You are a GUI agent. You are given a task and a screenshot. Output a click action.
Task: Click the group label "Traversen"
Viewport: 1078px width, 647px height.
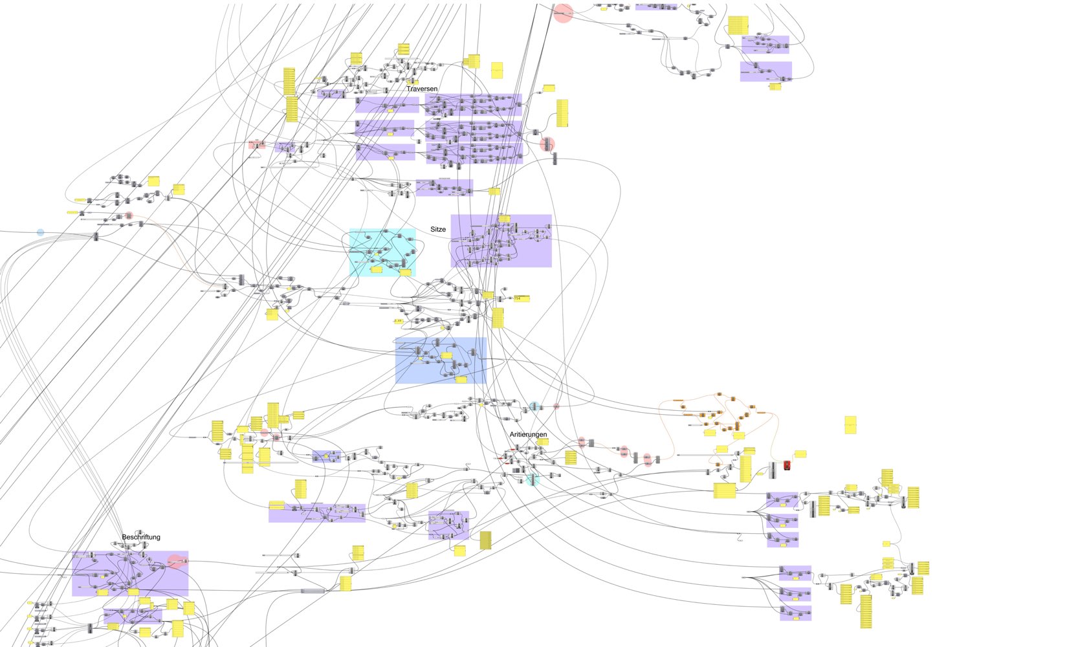(x=422, y=89)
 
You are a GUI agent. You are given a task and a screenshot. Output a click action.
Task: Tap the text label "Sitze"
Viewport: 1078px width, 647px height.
(x=438, y=229)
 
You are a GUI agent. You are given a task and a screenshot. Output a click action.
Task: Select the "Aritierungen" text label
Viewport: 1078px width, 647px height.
(x=528, y=434)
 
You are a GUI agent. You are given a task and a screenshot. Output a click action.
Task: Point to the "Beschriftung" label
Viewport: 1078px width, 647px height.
(x=141, y=537)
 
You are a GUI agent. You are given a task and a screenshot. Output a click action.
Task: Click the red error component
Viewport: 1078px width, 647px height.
(x=787, y=465)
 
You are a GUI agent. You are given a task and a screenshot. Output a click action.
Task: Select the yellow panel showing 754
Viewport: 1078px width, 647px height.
(x=521, y=298)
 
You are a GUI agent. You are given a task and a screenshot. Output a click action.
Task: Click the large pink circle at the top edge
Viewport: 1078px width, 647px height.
(x=564, y=13)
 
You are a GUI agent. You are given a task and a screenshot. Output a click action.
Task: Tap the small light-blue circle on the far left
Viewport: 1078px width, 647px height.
(x=41, y=232)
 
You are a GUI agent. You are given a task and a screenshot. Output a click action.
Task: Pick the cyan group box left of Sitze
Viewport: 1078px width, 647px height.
(x=382, y=252)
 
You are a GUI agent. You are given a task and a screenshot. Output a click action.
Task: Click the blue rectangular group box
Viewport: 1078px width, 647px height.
(x=440, y=360)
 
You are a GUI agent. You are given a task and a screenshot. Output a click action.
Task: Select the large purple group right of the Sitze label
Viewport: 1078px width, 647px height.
(x=501, y=241)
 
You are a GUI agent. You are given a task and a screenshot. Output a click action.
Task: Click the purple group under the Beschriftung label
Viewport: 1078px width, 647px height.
(x=129, y=573)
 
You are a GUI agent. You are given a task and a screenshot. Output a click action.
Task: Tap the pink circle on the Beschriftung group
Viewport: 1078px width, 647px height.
(x=175, y=562)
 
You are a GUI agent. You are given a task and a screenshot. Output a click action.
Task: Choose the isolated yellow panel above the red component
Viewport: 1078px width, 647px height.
(x=850, y=425)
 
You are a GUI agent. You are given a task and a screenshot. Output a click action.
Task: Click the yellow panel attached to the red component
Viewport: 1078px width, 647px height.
(x=800, y=454)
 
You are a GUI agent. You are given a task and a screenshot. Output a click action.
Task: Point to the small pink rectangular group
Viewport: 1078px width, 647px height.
(x=257, y=144)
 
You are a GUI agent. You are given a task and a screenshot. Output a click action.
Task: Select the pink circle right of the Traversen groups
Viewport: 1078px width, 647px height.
(x=547, y=144)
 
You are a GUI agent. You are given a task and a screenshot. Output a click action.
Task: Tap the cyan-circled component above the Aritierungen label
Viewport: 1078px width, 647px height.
(x=534, y=407)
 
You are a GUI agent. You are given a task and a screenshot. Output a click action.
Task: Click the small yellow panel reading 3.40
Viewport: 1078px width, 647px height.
(x=398, y=321)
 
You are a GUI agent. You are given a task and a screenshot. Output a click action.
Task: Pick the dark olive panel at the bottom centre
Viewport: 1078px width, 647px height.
(x=485, y=540)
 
